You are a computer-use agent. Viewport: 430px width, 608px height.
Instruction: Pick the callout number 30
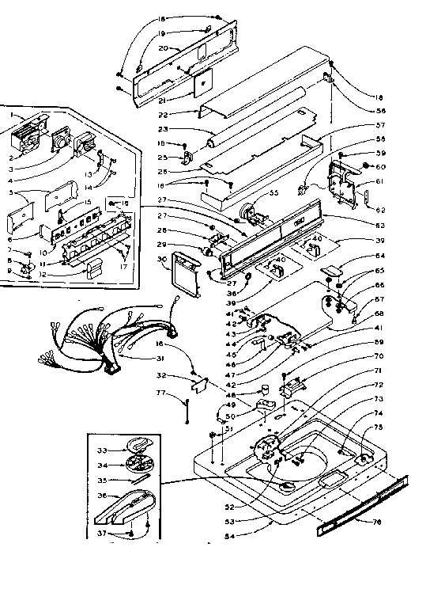click(160, 259)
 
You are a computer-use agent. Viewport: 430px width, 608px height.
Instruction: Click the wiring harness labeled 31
click(103, 332)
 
